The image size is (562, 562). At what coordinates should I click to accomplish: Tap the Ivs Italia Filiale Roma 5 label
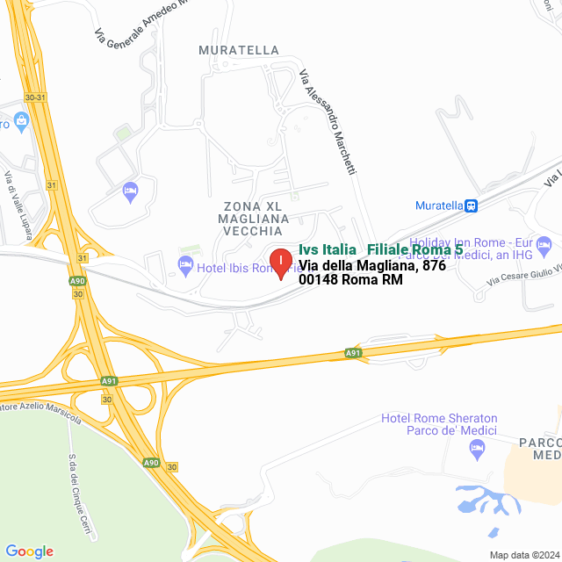380,249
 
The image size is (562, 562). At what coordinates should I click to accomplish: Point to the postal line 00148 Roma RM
350,280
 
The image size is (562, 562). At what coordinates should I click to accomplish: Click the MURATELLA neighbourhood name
239,50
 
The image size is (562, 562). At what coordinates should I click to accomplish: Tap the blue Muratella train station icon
472,205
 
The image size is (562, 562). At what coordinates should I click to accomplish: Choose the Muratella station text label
438,205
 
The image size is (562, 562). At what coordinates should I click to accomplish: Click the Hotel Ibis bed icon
185,264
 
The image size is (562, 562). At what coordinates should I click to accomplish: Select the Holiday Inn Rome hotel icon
544,243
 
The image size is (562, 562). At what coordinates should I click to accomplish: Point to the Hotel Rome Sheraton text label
439,424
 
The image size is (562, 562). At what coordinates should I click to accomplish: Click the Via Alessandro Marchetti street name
328,122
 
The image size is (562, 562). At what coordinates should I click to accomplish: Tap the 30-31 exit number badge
35,97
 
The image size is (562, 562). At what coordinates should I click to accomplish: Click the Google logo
29,551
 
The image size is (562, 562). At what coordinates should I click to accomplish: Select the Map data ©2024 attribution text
523,555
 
